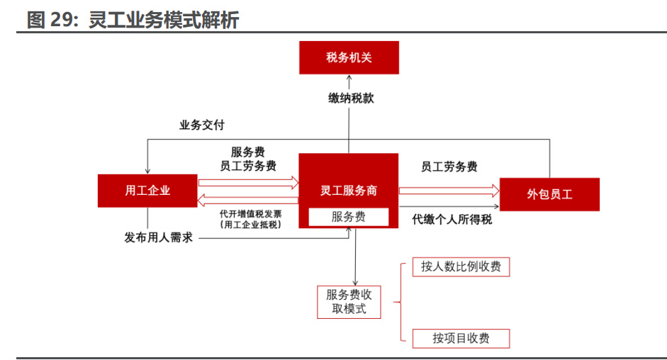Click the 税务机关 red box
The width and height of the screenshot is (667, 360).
[349, 57]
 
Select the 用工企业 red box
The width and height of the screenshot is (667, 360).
[147, 191]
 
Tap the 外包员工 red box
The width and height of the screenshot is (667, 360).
[549, 194]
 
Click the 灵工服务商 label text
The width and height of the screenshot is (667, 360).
[348, 190]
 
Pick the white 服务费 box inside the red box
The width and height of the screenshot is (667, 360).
[348, 217]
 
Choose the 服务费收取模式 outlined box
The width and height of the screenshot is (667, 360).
[348, 302]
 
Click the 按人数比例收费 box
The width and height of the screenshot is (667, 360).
[461, 266]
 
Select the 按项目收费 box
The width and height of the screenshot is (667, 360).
[461, 338]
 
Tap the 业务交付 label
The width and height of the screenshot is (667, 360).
[202, 125]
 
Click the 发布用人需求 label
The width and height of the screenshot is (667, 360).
[159, 237]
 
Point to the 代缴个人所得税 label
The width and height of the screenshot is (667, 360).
[452, 220]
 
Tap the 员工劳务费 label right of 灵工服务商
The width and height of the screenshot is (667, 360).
[449, 167]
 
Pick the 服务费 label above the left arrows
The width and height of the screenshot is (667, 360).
[248, 152]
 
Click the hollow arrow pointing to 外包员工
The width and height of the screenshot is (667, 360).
[449, 190]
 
